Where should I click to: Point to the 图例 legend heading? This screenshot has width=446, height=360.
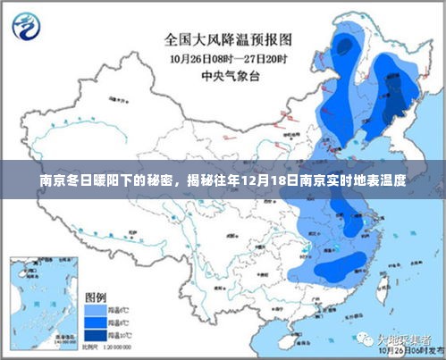coord(96,296)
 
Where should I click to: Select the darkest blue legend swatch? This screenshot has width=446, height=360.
coord(92,334)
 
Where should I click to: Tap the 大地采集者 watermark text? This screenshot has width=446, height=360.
coord(405,340)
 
